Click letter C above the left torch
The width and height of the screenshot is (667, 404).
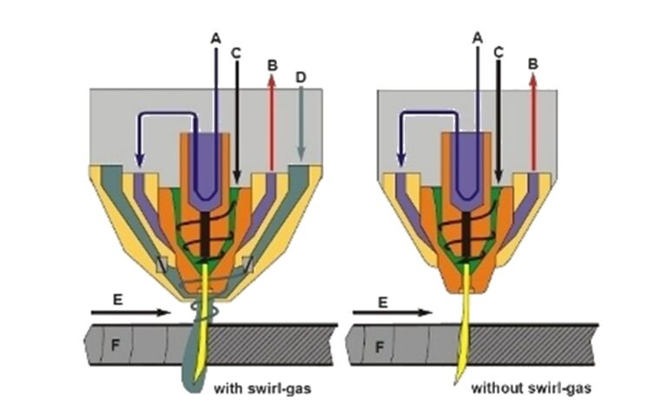[236, 53]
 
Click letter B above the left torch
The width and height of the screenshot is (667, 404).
[272, 64]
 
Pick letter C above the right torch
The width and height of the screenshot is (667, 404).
[498, 52]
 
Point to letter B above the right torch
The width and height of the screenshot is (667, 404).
[532, 64]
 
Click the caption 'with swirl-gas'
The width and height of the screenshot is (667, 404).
[261, 386]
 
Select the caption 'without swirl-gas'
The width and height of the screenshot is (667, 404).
[531, 386]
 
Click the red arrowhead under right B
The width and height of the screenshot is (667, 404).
[532, 80]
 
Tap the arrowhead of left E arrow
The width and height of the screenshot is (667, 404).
[168, 311]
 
